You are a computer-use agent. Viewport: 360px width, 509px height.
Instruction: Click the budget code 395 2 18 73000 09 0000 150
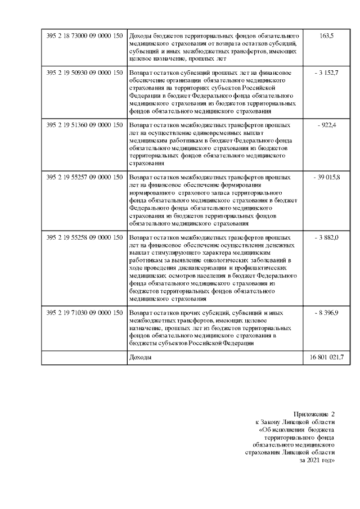coord(84,35)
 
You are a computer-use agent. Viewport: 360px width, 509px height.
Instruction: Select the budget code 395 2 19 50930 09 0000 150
coord(84,73)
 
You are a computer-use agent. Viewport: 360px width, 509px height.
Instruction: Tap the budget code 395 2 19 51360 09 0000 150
coord(84,124)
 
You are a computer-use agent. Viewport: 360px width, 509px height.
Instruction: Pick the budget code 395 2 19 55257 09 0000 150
coord(84,177)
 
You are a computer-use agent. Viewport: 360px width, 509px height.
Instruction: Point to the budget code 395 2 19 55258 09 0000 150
coord(84,238)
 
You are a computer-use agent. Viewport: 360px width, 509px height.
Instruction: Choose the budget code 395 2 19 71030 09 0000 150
coord(84,312)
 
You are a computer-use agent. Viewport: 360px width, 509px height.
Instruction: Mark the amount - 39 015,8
coord(326,177)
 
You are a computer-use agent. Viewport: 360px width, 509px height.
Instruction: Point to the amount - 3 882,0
coord(326,238)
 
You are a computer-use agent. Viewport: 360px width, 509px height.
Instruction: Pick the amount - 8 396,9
coord(326,312)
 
